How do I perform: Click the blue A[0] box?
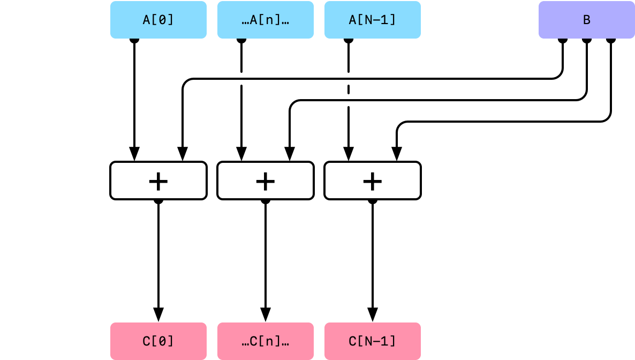coord(158,20)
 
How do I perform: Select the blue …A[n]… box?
coord(266,20)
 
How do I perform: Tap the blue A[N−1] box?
coord(373,20)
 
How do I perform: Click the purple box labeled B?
coord(587,20)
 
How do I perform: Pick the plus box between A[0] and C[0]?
coord(158,181)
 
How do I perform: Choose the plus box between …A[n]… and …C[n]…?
coord(266,181)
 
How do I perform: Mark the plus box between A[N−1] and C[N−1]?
coord(373,181)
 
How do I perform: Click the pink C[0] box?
coord(158,341)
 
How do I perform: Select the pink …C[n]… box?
coord(266,341)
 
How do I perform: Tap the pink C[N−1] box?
coord(373,341)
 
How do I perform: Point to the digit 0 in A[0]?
coord(162,20)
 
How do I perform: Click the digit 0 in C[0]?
coord(162,341)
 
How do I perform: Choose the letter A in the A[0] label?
coord(147,20)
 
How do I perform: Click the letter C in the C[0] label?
coord(147,341)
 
